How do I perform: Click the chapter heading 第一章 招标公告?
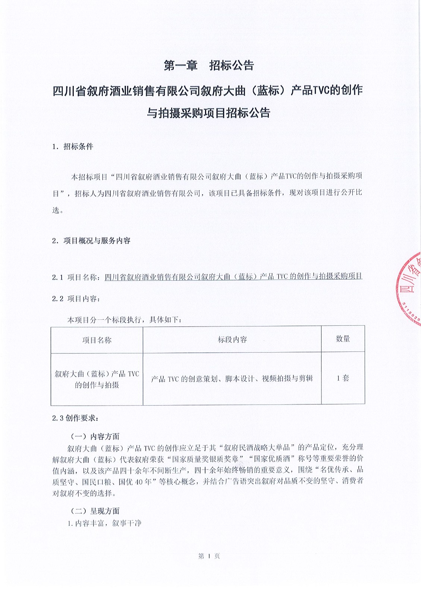[x=209, y=66]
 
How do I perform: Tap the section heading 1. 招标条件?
[x=73, y=147]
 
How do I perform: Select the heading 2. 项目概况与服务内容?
[x=92, y=241]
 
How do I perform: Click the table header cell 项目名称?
[x=97, y=340]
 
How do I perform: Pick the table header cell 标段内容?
[x=232, y=340]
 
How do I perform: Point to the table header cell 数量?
[x=343, y=339]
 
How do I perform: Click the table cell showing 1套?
[x=343, y=378]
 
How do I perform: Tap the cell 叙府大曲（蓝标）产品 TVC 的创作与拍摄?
[x=97, y=379]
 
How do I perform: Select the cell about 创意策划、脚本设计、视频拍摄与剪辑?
[x=232, y=379]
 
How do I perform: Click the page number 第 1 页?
[x=209, y=556]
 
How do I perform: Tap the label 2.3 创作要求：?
[x=76, y=418]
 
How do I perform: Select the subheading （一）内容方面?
[x=95, y=436]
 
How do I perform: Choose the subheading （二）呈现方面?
[x=95, y=511]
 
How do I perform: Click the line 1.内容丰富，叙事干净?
[x=104, y=523]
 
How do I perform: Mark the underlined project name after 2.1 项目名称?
[x=233, y=276]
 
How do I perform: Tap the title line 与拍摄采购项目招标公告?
[x=208, y=113]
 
